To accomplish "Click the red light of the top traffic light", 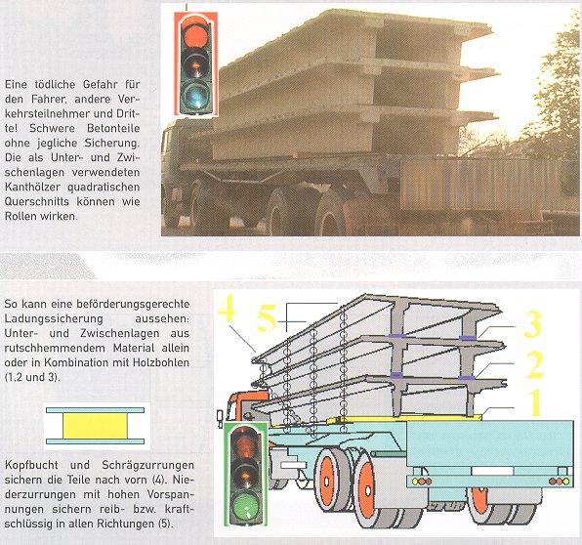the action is point(195,30).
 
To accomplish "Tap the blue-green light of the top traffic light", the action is point(195,95).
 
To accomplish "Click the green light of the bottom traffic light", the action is point(245,506).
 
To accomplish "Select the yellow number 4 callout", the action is point(227,307).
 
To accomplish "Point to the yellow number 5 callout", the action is point(268,318).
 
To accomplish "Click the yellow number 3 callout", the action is point(533,324).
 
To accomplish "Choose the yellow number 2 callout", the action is point(535,364).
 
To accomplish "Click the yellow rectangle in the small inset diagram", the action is point(95,426).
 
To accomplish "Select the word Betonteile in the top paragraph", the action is point(113,129).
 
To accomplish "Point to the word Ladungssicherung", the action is point(54,319).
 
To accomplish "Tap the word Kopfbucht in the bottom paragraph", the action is point(31,466).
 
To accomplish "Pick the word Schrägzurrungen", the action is point(147,466).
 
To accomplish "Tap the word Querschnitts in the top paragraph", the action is point(37,202).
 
